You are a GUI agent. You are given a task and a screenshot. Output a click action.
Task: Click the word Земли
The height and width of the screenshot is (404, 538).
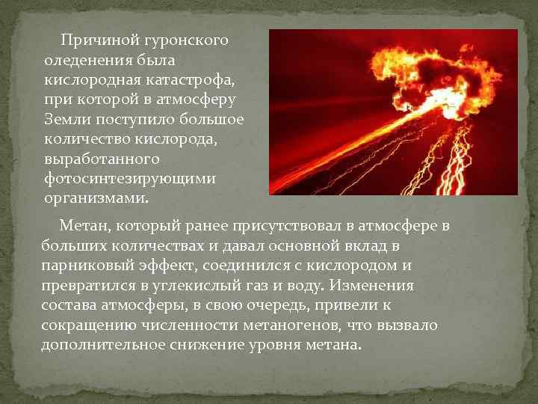coord(68,120)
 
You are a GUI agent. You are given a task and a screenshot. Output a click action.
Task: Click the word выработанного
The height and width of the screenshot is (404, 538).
coord(102,159)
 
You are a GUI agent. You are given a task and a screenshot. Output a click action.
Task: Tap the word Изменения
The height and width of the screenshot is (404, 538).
coord(372,286)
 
